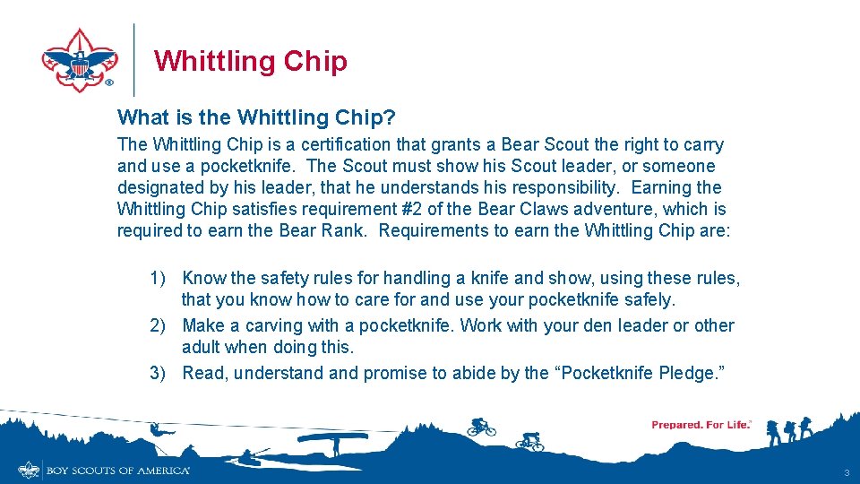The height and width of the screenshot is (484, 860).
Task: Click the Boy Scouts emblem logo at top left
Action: tap(79, 59)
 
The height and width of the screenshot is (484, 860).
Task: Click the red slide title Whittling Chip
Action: tap(250, 61)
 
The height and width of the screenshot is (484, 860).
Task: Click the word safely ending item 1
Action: tap(647, 300)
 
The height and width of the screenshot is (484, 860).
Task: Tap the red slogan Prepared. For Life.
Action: tap(701, 425)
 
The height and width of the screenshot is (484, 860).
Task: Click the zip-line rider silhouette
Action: tap(156, 430)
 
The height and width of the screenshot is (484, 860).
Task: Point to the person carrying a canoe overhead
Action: tap(331, 441)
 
